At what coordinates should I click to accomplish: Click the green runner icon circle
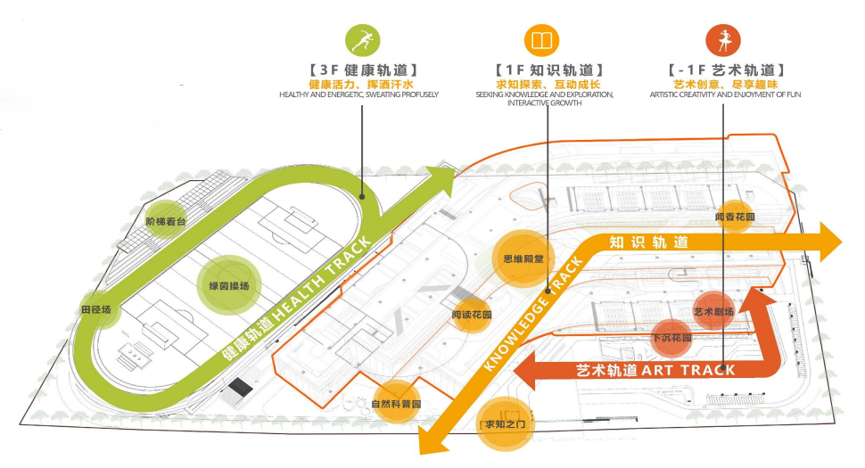tap(363, 40)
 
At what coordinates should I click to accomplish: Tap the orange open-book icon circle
tap(541, 40)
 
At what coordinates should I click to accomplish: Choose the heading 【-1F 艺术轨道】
tap(724, 70)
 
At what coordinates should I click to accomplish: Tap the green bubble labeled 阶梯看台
tap(166, 221)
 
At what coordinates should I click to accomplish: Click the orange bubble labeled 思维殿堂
tap(523, 259)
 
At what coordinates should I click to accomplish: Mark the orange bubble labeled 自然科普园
tap(396, 404)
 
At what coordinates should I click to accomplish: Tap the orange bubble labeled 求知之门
tap(505, 423)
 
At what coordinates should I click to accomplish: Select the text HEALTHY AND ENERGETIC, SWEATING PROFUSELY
tap(358, 94)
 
